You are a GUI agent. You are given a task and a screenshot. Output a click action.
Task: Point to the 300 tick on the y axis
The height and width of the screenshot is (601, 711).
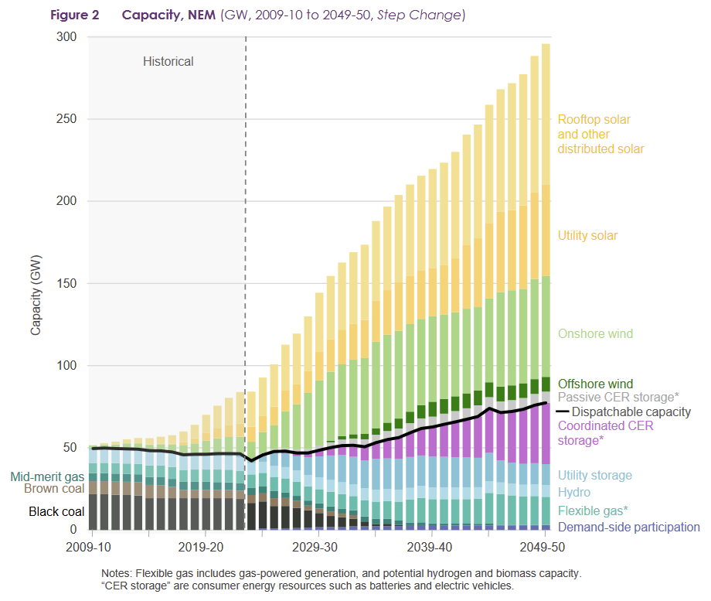[x=68, y=37]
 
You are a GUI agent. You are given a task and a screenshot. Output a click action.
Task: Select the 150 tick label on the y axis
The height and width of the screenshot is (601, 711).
[x=68, y=284]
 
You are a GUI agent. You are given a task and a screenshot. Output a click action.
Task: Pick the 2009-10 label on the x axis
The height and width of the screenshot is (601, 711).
[x=91, y=547]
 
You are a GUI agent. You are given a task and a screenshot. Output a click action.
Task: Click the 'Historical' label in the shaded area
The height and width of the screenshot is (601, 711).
[x=168, y=61]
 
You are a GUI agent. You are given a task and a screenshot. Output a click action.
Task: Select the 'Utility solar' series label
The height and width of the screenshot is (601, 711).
[x=587, y=236]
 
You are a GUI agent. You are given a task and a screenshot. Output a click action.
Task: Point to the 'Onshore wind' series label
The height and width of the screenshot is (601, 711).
[x=595, y=334]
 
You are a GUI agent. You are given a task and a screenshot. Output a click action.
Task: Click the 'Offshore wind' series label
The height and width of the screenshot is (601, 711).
[x=595, y=384]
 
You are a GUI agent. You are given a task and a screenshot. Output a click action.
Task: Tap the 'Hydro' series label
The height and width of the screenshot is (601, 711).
[x=573, y=493]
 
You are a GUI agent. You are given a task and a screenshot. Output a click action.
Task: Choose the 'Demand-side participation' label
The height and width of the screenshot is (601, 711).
[x=628, y=528]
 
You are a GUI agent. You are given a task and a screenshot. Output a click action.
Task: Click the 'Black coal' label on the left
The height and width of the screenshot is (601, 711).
[x=56, y=512]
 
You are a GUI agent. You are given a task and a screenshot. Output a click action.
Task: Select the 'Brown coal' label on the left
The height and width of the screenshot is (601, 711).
[x=54, y=489]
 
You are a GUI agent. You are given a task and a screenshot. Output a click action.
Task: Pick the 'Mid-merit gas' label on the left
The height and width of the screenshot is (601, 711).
[x=48, y=476]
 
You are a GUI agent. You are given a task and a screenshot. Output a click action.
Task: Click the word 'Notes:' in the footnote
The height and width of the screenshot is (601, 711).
[x=117, y=573]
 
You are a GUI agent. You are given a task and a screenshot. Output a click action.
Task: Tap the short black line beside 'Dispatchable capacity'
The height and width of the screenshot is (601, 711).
[x=563, y=412]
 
